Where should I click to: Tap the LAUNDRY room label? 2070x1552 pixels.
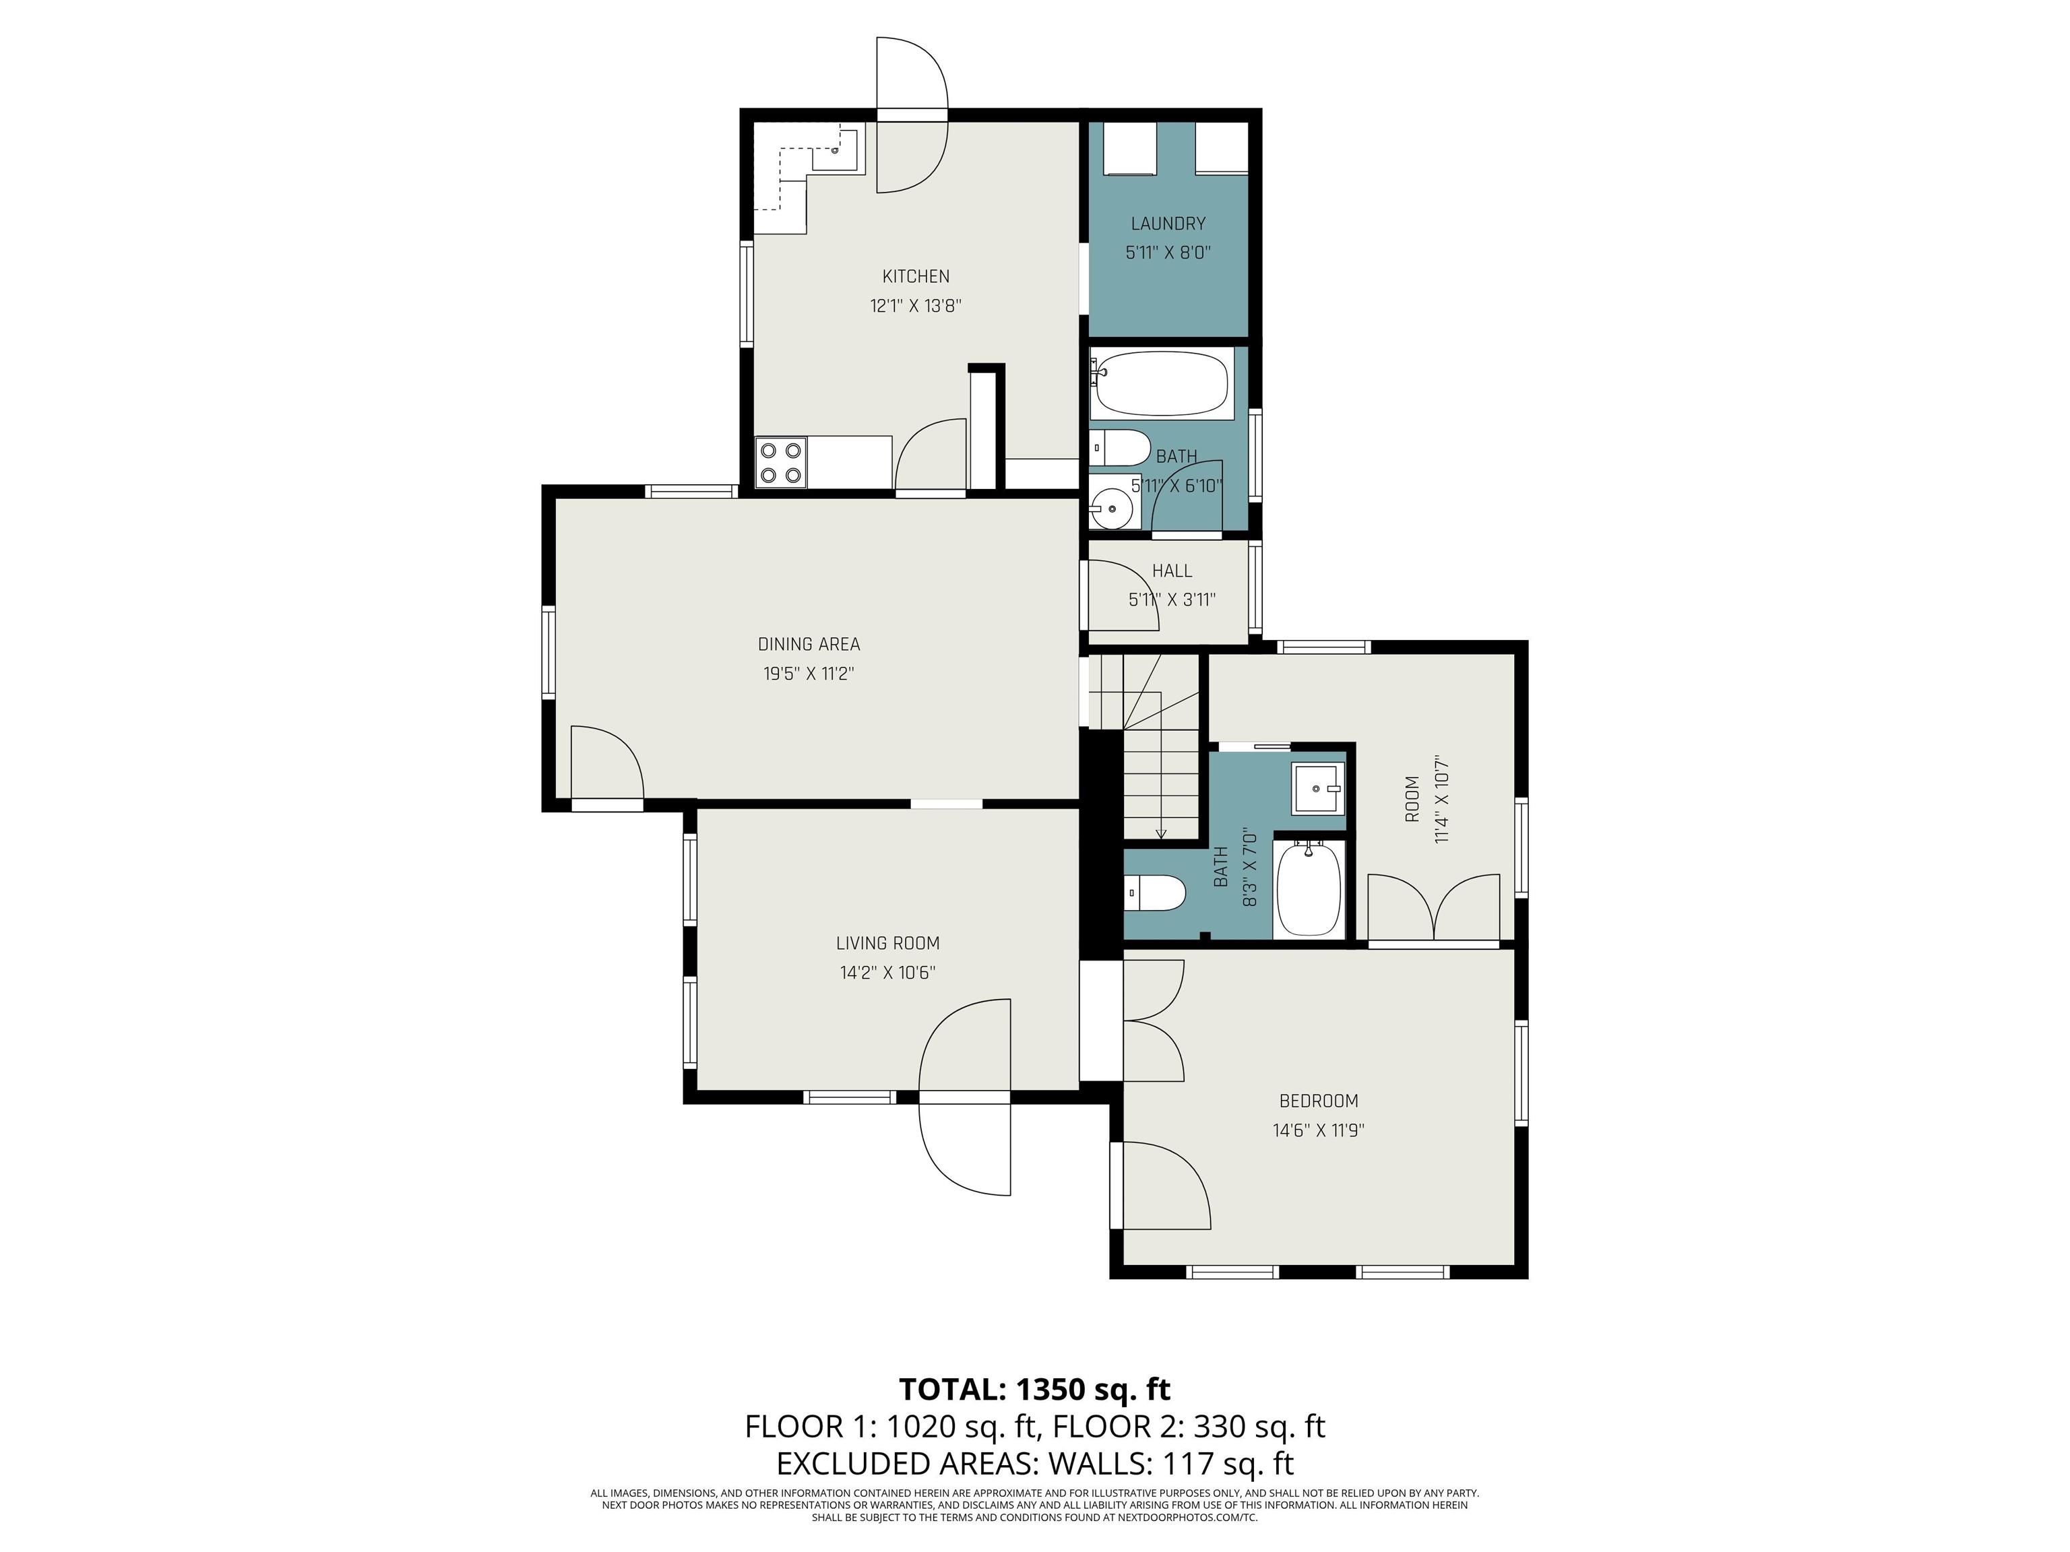click(1168, 224)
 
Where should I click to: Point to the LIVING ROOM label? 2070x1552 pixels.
click(887, 943)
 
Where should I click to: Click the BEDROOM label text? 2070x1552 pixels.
click(1319, 1101)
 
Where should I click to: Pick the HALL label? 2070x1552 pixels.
click(1172, 571)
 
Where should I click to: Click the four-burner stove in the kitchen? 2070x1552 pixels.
click(782, 462)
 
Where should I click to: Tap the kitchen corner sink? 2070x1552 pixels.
click(835, 149)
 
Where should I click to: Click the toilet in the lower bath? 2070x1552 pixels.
click(1155, 893)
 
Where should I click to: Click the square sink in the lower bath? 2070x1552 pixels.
click(1319, 789)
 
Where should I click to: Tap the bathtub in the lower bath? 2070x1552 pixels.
click(1309, 888)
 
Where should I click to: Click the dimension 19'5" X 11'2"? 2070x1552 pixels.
click(809, 674)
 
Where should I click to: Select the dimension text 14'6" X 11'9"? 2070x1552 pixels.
click(1319, 1130)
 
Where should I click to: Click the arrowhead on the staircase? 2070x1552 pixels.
click(1160, 833)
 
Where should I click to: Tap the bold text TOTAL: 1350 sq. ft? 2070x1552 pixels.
click(1035, 1389)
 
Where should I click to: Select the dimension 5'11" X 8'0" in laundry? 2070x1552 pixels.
click(1168, 253)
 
